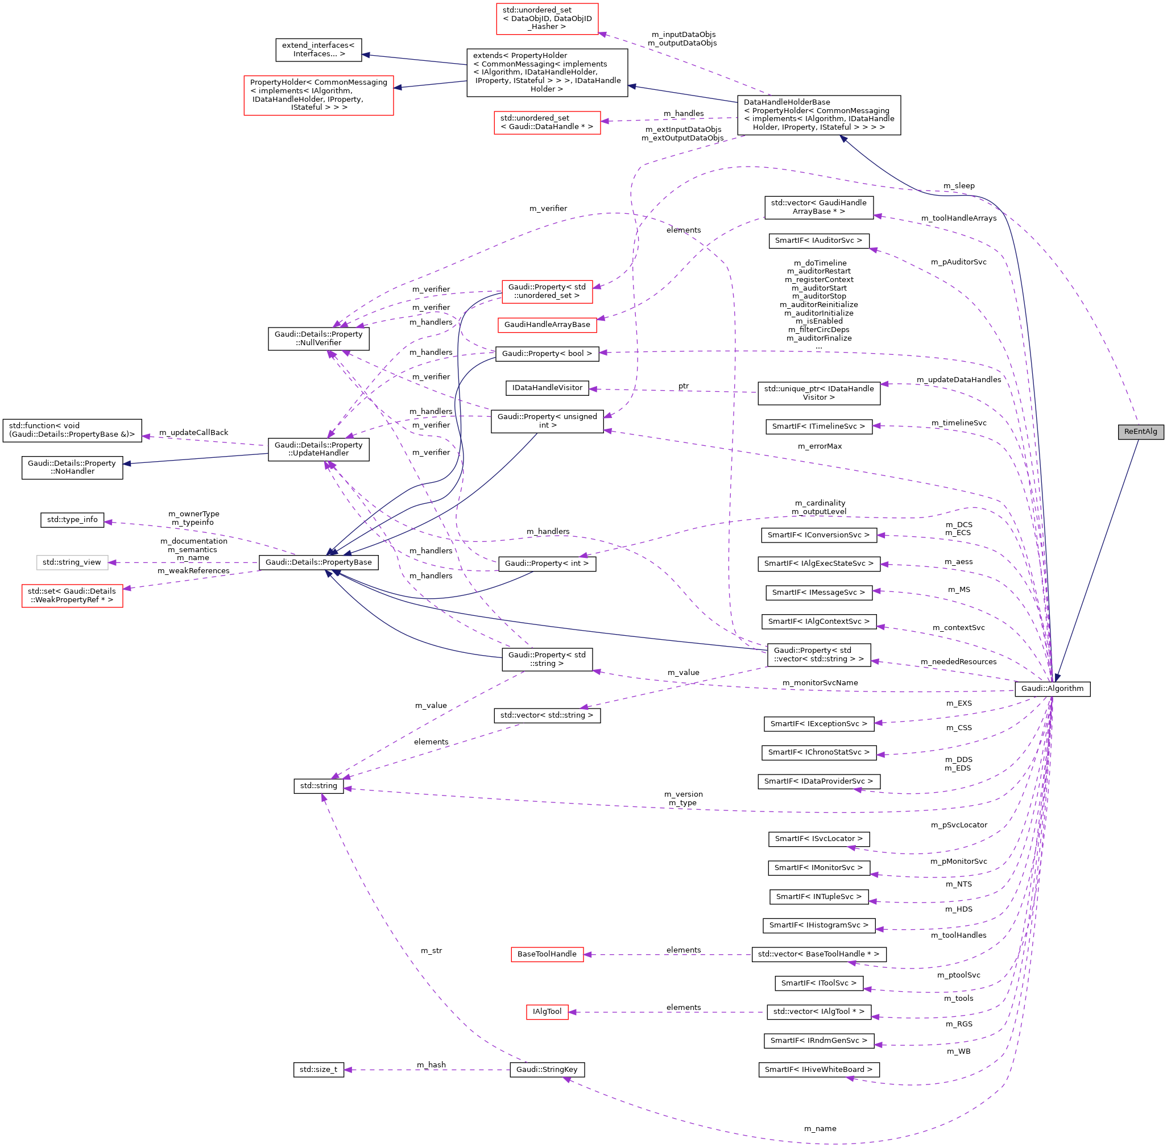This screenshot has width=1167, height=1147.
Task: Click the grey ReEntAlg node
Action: pyautogui.click(x=1140, y=431)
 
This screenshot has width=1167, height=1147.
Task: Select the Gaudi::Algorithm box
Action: pyautogui.click(x=1052, y=689)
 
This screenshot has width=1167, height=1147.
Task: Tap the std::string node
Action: pyautogui.click(x=318, y=785)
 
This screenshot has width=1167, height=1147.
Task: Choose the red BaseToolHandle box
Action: pyautogui.click(x=547, y=954)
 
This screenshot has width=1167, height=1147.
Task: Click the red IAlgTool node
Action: pyautogui.click(x=547, y=1012)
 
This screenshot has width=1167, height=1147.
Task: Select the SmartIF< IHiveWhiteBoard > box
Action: pyautogui.click(x=818, y=1070)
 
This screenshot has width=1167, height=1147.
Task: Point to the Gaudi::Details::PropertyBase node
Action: pyautogui.click(x=318, y=562)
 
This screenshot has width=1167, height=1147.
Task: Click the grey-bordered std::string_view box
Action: pyautogui.click(x=72, y=562)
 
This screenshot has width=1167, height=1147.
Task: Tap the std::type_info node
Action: pyautogui.click(x=72, y=519)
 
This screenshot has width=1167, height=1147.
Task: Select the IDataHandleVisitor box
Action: pyautogui.click(x=547, y=387)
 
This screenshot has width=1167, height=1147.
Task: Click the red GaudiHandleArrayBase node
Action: pyautogui.click(x=547, y=325)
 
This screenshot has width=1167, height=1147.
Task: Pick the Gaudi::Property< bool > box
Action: pyautogui.click(x=547, y=354)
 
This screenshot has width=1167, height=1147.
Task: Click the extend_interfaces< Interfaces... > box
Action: pyautogui.click(x=318, y=49)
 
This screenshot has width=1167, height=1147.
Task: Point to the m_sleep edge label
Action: pyautogui.click(x=958, y=185)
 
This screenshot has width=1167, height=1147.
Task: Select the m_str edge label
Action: pyautogui.click(x=432, y=951)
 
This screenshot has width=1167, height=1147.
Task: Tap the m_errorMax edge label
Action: pyautogui.click(x=820, y=446)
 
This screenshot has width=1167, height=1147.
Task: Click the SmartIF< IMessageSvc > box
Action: pyautogui.click(x=818, y=592)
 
